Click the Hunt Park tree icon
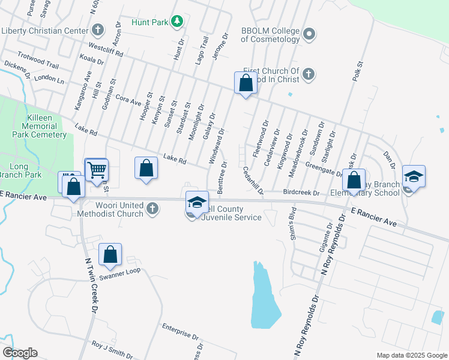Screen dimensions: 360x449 pos(176,22)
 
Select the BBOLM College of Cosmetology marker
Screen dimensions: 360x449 pos(309,34)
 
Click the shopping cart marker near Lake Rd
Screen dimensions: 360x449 pos(96,170)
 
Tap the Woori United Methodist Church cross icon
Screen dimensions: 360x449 pos(152,208)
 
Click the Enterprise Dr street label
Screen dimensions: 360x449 pos(180,331)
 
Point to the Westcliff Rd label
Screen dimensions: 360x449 pos(105,49)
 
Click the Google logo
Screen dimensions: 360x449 pos(20,353)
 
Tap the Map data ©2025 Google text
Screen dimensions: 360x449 pos(411,355)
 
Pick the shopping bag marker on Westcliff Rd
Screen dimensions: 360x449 pos(246,83)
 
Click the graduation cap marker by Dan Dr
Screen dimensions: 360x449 pos(414,176)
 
